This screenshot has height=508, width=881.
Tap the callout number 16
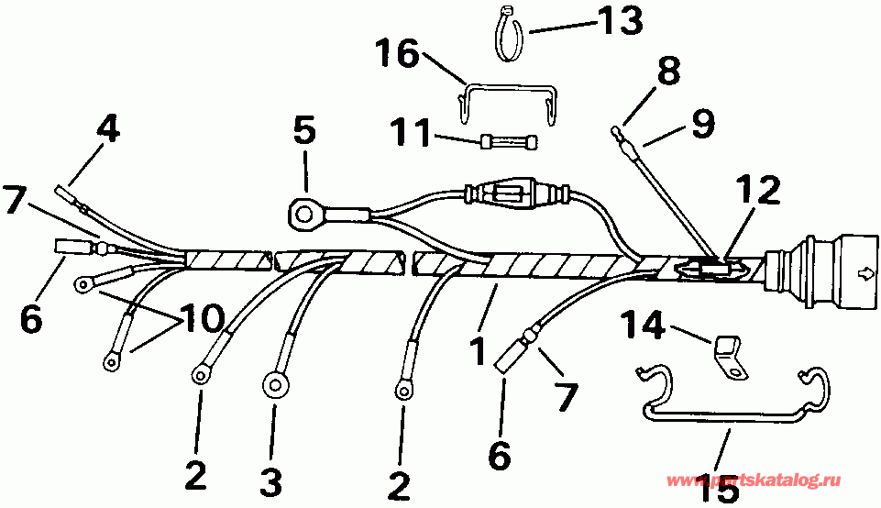point(397,54)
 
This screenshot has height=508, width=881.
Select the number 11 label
point(410,136)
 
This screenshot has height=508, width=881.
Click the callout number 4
point(108,127)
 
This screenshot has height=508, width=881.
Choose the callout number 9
point(704,124)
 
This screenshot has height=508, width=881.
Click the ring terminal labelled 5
point(302,215)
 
